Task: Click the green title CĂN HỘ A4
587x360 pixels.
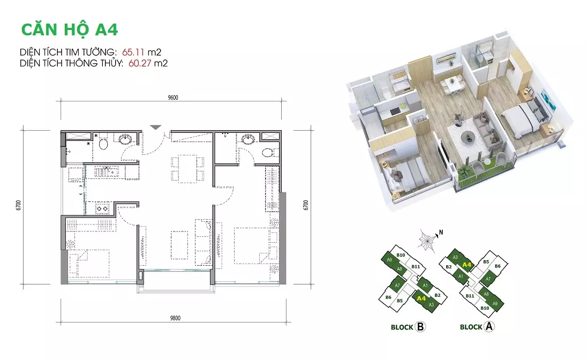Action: pos(70,30)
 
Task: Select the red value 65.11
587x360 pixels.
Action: pos(133,51)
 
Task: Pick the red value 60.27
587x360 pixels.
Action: pos(140,63)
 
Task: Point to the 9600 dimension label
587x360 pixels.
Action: pos(173,98)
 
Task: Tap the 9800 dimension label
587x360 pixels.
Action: pos(175,318)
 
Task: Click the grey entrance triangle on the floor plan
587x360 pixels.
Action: pos(156,127)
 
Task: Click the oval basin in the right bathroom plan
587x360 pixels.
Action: pos(248,140)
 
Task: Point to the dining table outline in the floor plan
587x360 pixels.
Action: pos(187,169)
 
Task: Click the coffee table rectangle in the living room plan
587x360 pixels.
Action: pos(180,245)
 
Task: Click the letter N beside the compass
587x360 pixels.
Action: pos(441,232)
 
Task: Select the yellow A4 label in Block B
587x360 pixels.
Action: pos(421,298)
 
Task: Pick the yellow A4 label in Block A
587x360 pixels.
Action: pos(466,265)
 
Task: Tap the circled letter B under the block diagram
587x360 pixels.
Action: pos(420,327)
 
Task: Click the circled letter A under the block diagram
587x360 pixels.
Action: pos(489,326)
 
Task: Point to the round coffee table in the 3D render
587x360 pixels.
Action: pos(467,137)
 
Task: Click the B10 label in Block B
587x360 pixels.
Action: pos(401,255)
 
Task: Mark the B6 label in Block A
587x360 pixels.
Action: pos(498,266)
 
